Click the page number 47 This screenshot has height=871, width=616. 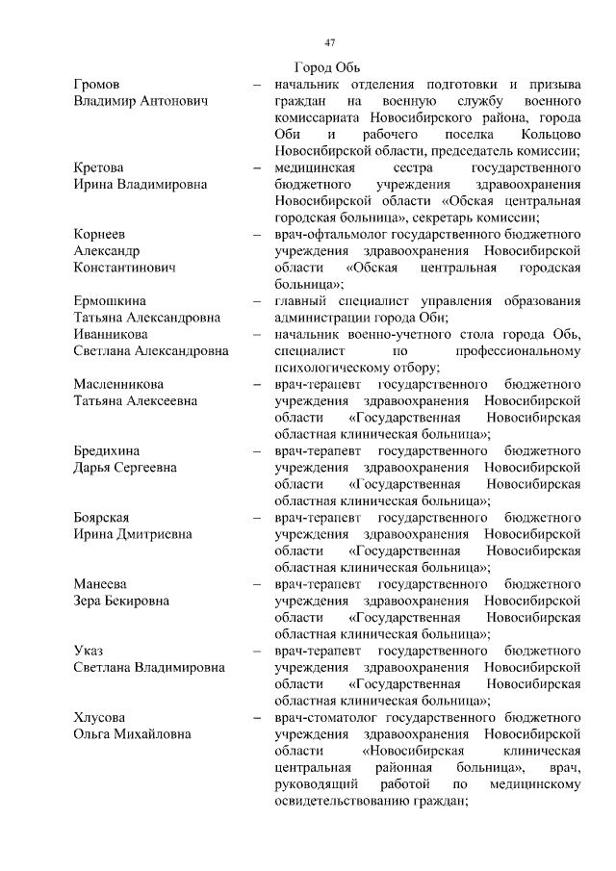(329, 42)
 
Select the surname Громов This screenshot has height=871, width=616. (96, 85)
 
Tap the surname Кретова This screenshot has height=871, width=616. (99, 167)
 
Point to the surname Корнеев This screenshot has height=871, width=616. (99, 234)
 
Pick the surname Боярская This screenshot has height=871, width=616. (101, 517)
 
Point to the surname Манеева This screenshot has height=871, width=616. (99, 584)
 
